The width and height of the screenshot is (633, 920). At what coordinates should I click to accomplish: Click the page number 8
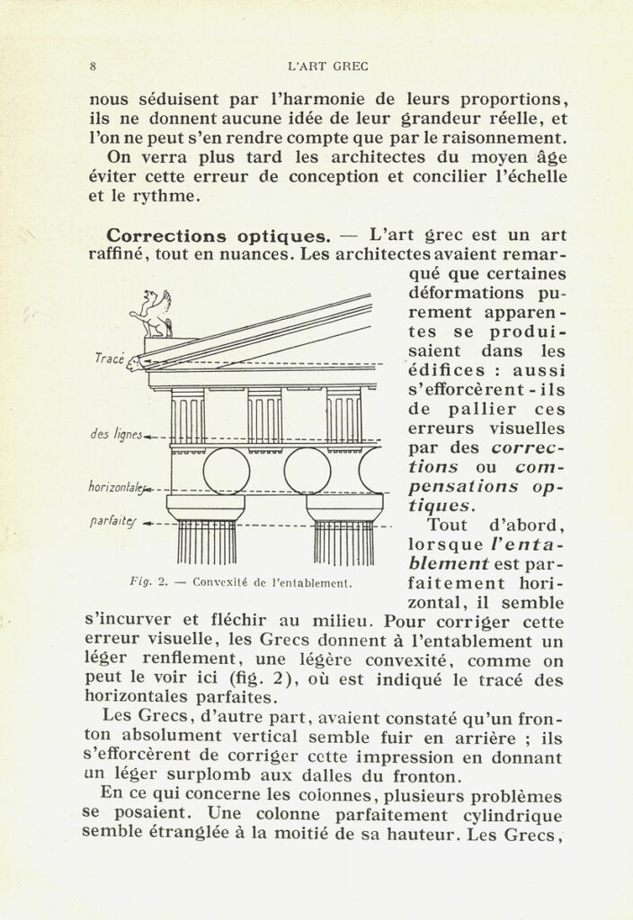(94, 66)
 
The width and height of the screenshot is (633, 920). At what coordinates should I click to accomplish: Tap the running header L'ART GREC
(327, 66)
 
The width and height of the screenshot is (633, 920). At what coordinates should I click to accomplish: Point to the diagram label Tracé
(110, 358)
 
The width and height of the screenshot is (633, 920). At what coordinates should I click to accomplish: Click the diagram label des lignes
(117, 436)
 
